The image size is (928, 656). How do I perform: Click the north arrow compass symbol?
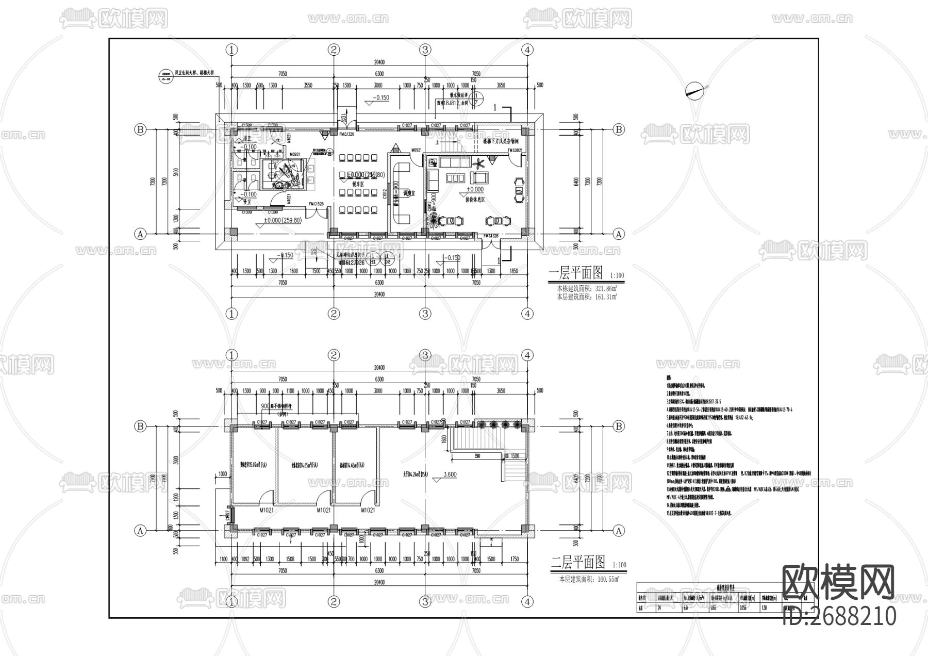click(695, 91)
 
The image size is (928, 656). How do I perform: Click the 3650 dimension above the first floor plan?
click(501, 85)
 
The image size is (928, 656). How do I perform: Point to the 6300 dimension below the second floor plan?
click(379, 571)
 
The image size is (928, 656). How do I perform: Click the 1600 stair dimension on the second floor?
click(443, 439)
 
